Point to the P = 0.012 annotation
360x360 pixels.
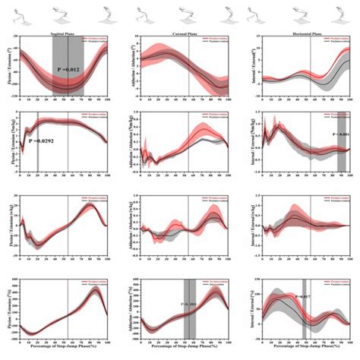pos(70,70)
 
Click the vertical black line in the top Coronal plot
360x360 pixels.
pos(193,72)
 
